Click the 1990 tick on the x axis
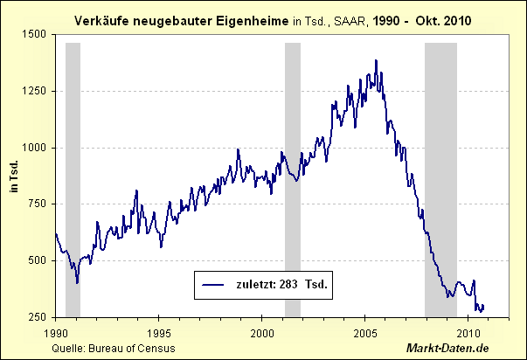coord(55,333)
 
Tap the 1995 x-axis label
coord(158,333)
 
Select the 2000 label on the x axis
coord(262,333)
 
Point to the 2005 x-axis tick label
coord(365,333)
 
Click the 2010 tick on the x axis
coord(468,333)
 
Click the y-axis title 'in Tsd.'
coord(14,175)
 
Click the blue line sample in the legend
coord(214,284)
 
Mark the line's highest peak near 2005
coord(376,61)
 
